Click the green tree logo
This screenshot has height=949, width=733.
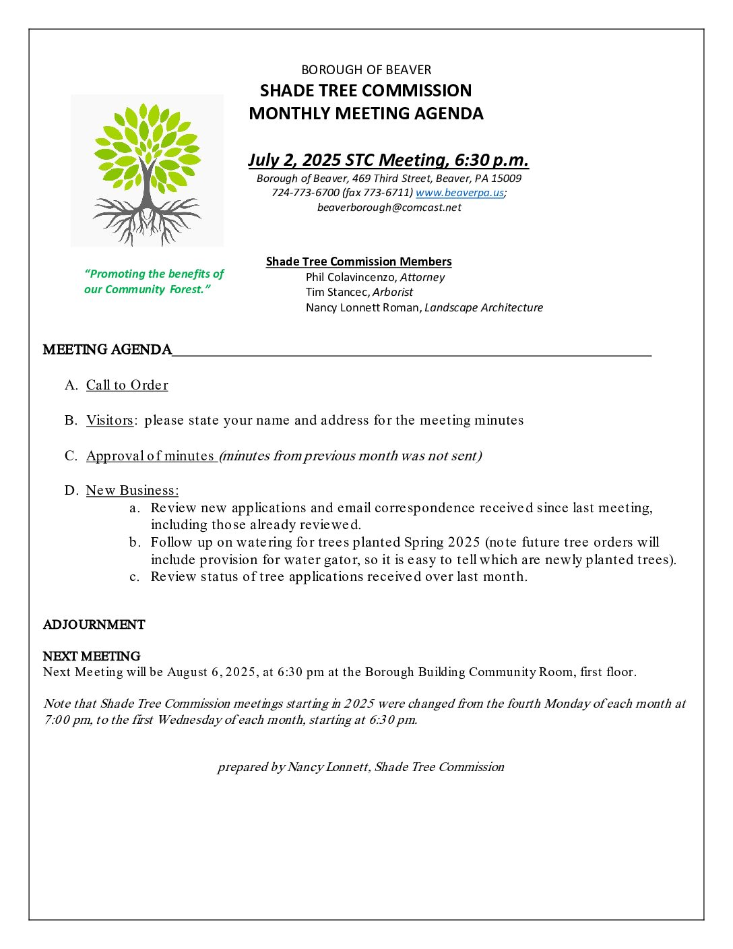click(x=147, y=171)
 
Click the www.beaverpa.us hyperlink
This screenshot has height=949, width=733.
click(x=459, y=193)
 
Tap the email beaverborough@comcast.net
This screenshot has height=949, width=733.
click(x=389, y=208)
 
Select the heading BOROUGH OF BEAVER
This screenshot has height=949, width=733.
click(x=366, y=70)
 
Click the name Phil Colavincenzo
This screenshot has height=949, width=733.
click(x=350, y=277)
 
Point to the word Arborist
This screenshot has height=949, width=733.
click(x=393, y=293)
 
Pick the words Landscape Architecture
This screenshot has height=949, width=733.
click(x=483, y=308)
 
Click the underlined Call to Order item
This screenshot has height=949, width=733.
click(x=127, y=386)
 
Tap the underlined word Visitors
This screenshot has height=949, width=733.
click(x=109, y=421)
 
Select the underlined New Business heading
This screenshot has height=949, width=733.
click(x=132, y=491)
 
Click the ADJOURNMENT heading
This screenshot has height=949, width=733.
click(x=94, y=625)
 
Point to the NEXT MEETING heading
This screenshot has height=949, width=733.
click(x=92, y=656)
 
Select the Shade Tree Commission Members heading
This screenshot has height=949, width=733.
click(x=358, y=262)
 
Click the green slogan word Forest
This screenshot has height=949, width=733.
click(x=189, y=290)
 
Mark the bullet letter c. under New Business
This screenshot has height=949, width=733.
click(x=135, y=577)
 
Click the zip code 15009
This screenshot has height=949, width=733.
click(x=506, y=179)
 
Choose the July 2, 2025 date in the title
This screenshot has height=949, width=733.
click(x=294, y=160)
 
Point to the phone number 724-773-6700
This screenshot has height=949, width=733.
click(x=305, y=193)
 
